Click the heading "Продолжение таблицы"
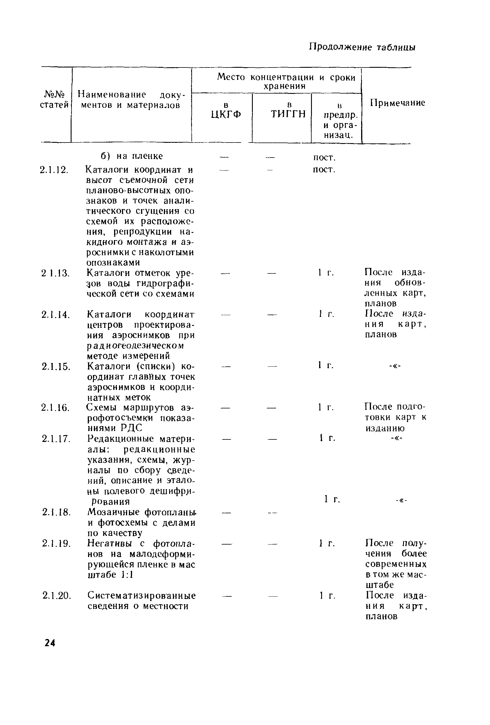[362, 47]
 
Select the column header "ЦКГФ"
[226, 114]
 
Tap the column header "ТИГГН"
[288, 114]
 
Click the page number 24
[50, 643]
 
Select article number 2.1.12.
[54, 170]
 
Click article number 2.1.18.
[56, 512]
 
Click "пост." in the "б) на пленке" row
[324, 158]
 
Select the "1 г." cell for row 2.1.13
[326, 273]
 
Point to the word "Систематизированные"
[141, 595]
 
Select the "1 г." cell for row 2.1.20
[327, 596]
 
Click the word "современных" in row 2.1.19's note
[396, 564]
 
